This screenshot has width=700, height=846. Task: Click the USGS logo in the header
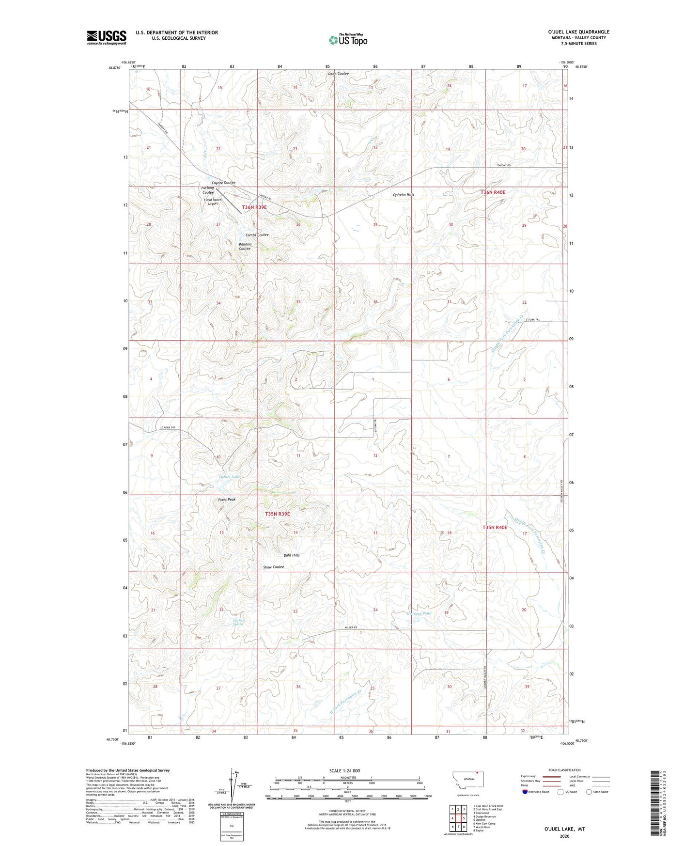pyautogui.click(x=107, y=37)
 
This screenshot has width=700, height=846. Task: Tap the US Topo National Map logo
pyautogui.click(x=348, y=40)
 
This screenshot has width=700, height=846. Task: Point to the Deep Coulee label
pyautogui.click(x=338, y=74)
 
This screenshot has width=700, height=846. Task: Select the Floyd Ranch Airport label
pyautogui.click(x=213, y=202)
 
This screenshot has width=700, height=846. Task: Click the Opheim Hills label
pyautogui.click(x=403, y=195)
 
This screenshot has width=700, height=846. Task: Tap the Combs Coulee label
pyautogui.click(x=257, y=235)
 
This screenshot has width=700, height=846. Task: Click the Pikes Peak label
pyautogui.click(x=227, y=499)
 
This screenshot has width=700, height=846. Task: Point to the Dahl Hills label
pyautogui.click(x=292, y=555)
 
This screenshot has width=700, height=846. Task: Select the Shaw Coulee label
pyautogui.click(x=273, y=567)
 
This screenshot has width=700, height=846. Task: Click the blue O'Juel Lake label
pyautogui.click(x=229, y=477)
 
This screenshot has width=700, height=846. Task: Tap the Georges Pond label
pyautogui.click(x=419, y=613)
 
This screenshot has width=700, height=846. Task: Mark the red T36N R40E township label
pyautogui.click(x=493, y=192)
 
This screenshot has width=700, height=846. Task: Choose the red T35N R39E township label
pyautogui.click(x=277, y=514)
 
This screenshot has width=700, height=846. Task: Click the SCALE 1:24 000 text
pyautogui.click(x=344, y=771)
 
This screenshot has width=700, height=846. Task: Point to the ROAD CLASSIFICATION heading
pyautogui.click(x=564, y=770)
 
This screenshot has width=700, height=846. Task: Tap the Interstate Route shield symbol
pyautogui.click(x=526, y=792)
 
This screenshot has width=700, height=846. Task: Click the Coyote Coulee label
pyautogui.click(x=223, y=183)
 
